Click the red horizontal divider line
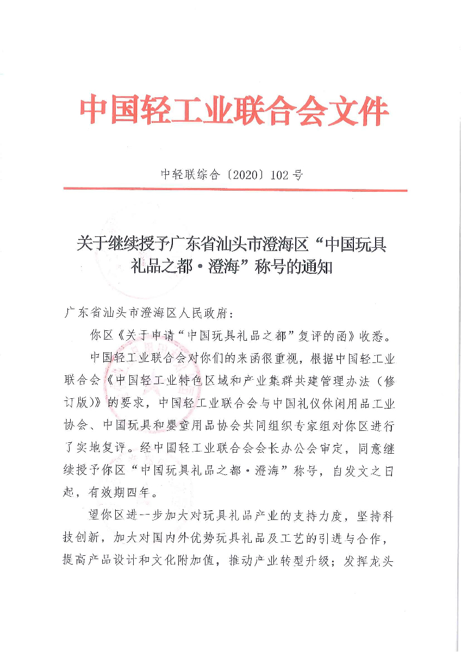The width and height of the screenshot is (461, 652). click(235, 190)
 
